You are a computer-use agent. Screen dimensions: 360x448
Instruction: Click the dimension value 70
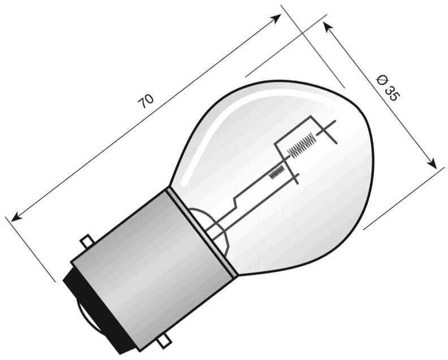point(146,101)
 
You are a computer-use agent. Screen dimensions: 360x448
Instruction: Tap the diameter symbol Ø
point(381,80)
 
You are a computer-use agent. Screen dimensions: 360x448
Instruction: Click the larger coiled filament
point(301,145)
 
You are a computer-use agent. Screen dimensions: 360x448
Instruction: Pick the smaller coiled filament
point(277,170)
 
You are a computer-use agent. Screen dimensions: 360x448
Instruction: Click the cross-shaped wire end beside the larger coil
point(326,131)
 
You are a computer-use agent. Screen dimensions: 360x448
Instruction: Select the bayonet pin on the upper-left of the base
point(86,241)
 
